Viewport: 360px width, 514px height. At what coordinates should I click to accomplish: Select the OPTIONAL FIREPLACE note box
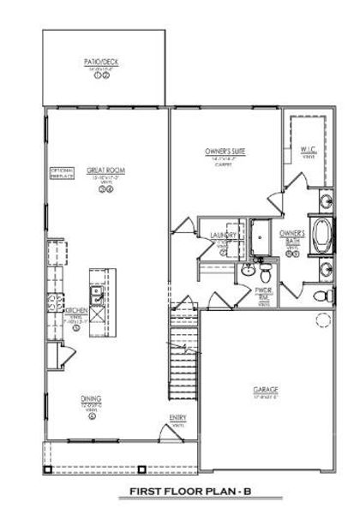[x=61, y=172]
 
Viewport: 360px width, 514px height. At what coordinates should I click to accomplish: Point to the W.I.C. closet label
[x=309, y=151]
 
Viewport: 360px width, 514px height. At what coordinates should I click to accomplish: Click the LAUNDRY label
[x=211, y=234]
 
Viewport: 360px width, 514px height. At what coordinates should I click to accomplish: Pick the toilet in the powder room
[x=266, y=273]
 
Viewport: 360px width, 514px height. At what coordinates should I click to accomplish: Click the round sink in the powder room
[x=246, y=271]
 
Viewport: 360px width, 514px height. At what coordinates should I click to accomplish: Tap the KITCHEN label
[x=78, y=311]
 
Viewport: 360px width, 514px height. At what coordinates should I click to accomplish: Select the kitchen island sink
[x=96, y=297]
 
